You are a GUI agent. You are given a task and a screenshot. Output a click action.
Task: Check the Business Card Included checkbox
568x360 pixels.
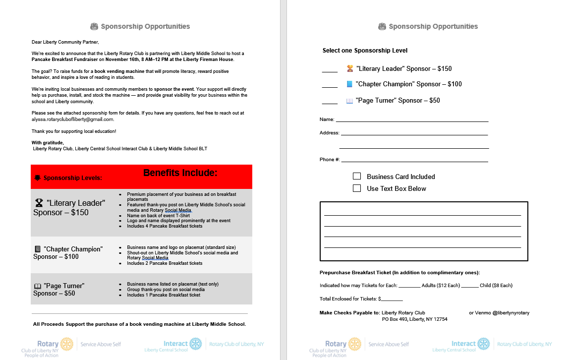(357, 176)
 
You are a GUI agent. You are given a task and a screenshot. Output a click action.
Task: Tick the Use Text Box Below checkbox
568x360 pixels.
(357, 188)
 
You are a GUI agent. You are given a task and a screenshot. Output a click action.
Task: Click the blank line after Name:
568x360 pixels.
(412, 120)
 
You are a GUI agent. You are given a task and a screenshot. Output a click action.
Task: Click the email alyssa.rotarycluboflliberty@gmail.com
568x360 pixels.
(73, 120)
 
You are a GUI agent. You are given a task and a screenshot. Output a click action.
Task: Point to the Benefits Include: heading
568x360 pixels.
(180, 173)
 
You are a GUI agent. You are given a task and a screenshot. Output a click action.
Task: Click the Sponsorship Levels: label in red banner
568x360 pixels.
(73, 178)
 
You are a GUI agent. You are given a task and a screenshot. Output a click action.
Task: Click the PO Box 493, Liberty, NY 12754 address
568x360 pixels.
(414, 319)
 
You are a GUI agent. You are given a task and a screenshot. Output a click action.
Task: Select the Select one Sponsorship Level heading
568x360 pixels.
(365, 51)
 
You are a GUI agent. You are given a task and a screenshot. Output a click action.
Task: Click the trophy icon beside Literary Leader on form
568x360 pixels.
(350, 68)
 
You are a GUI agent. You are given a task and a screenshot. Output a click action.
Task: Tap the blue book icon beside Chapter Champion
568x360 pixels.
(349, 84)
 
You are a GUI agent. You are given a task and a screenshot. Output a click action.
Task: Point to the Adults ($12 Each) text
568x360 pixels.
(441, 286)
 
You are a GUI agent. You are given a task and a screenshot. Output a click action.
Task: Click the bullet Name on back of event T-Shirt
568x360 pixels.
(158, 216)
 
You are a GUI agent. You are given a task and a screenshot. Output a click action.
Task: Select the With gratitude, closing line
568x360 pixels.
(48, 143)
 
